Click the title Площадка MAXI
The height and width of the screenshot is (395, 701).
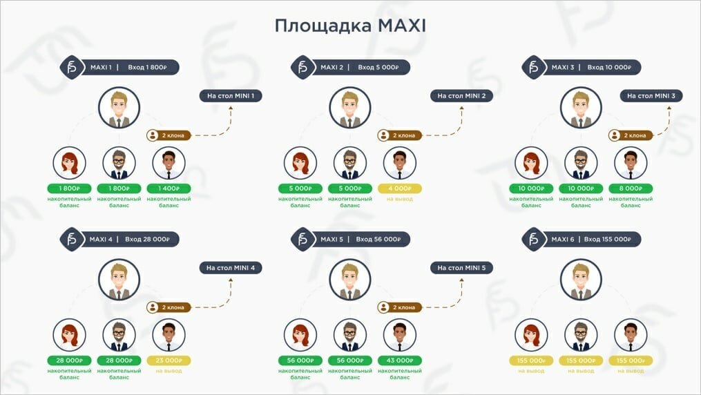click(x=350, y=26)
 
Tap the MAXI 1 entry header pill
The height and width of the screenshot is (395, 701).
click(x=128, y=67)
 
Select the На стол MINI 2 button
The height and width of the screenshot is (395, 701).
click(x=461, y=96)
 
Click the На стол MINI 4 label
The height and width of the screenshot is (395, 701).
click(x=231, y=267)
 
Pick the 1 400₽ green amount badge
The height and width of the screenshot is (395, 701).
click(x=169, y=188)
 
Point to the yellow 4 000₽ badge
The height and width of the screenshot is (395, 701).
click(x=400, y=188)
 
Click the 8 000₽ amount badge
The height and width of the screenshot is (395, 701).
click(x=631, y=188)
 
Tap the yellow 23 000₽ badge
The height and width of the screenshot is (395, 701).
click(x=169, y=360)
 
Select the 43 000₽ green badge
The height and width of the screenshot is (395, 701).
click(x=400, y=360)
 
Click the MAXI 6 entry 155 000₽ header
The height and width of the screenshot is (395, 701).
click(x=589, y=239)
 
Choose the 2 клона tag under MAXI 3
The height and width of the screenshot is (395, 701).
click(x=631, y=135)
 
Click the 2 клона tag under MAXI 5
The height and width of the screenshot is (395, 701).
click(x=400, y=307)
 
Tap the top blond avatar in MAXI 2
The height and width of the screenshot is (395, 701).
click(x=350, y=107)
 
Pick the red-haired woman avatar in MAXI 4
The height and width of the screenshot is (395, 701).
click(x=70, y=335)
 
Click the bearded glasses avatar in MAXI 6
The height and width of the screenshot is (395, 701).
click(x=581, y=335)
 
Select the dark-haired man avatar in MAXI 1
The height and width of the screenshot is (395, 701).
click(x=169, y=164)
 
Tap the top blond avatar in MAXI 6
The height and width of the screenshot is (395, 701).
click(x=581, y=279)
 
